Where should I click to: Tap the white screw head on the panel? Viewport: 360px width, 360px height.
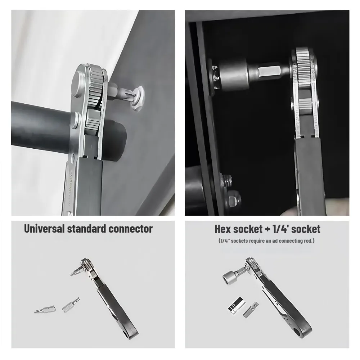pos(136,98)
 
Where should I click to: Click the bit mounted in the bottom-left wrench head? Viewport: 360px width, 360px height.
pos(76,270)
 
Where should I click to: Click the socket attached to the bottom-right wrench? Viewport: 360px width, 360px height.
pos(231,276)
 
